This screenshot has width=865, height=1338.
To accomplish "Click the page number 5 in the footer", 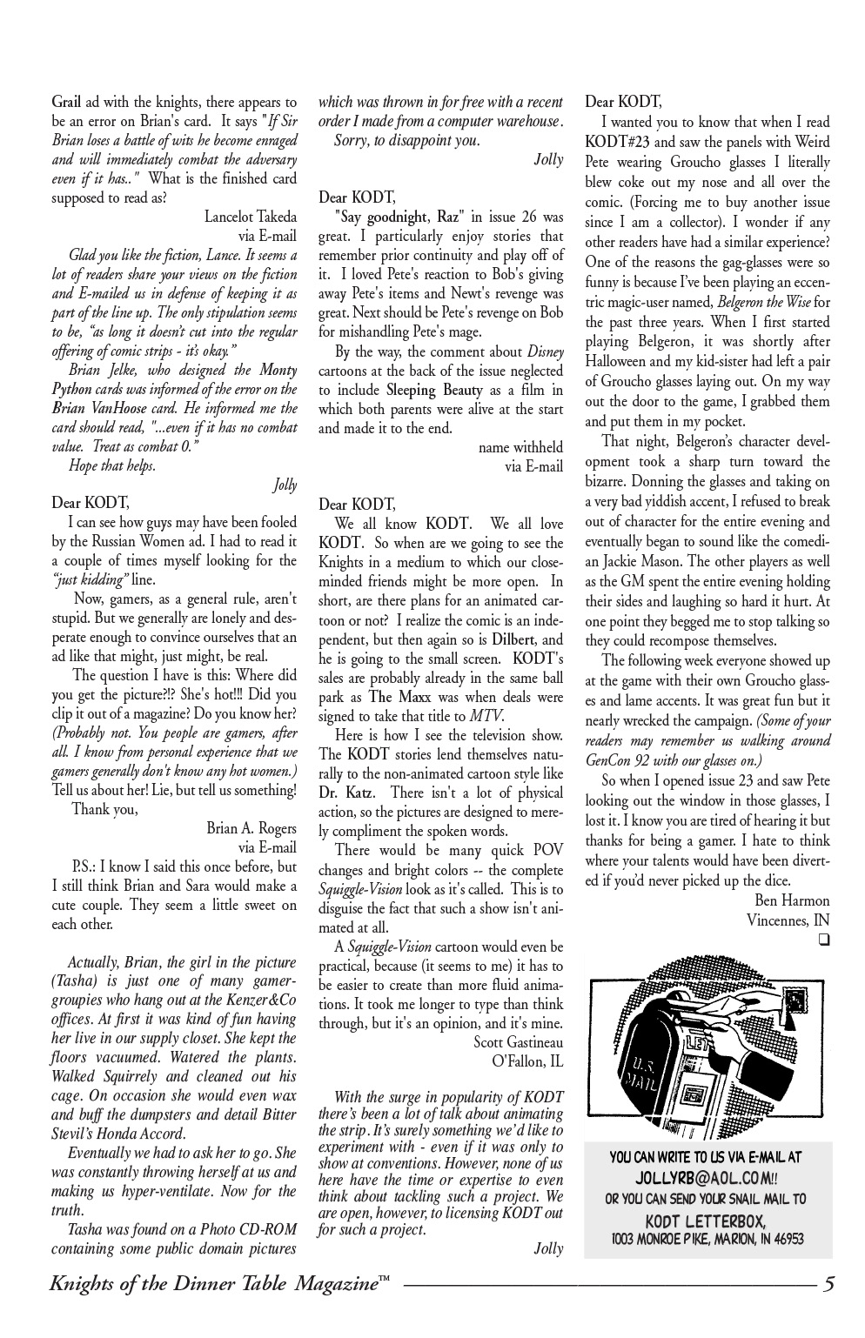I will point(828,1285).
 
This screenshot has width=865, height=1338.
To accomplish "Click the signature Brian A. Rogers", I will point(251,828).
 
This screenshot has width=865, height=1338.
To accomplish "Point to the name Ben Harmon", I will point(789,900).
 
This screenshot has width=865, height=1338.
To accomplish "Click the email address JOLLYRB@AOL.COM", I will point(706,1178).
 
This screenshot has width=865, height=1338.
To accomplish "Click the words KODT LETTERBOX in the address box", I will point(706,1220).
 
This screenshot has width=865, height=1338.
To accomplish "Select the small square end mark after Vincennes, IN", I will point(823,940).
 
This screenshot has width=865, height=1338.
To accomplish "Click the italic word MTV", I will point(485,716).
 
